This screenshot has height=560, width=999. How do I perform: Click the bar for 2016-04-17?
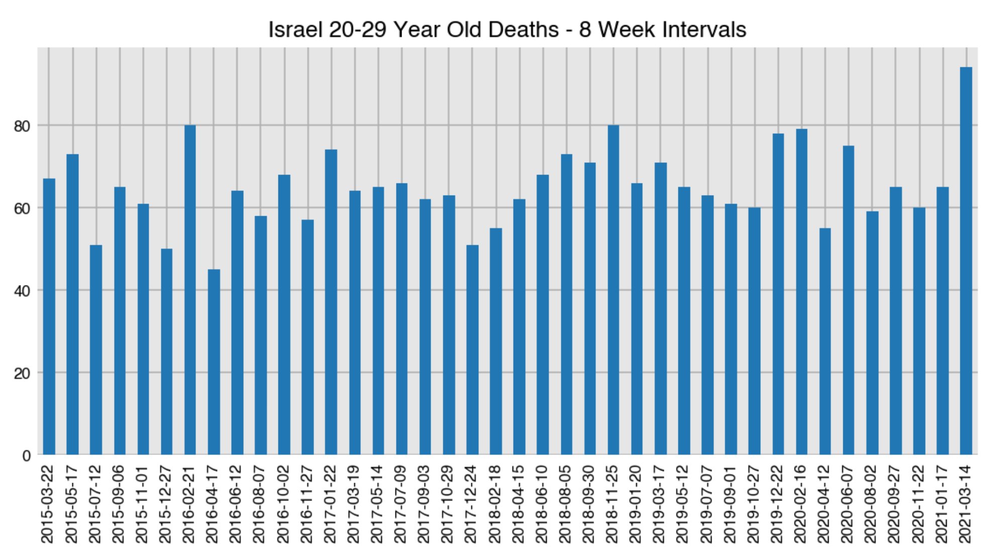(x=214, y=362)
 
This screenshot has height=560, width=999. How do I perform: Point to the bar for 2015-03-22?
(x=49, y=317)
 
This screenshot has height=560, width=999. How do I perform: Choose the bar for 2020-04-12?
(x=825, y=341)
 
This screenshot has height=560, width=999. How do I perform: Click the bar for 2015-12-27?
(x=166, y=351)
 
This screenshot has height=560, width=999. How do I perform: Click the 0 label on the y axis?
(x=27, y=456)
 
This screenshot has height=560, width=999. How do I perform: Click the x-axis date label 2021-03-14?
(x=965, y=504)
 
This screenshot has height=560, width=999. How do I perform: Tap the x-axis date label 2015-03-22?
(x=47, y=504)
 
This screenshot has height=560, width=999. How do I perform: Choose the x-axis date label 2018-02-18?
(x=495, y=504)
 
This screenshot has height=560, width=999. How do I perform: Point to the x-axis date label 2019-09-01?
(x=730, y=504)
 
